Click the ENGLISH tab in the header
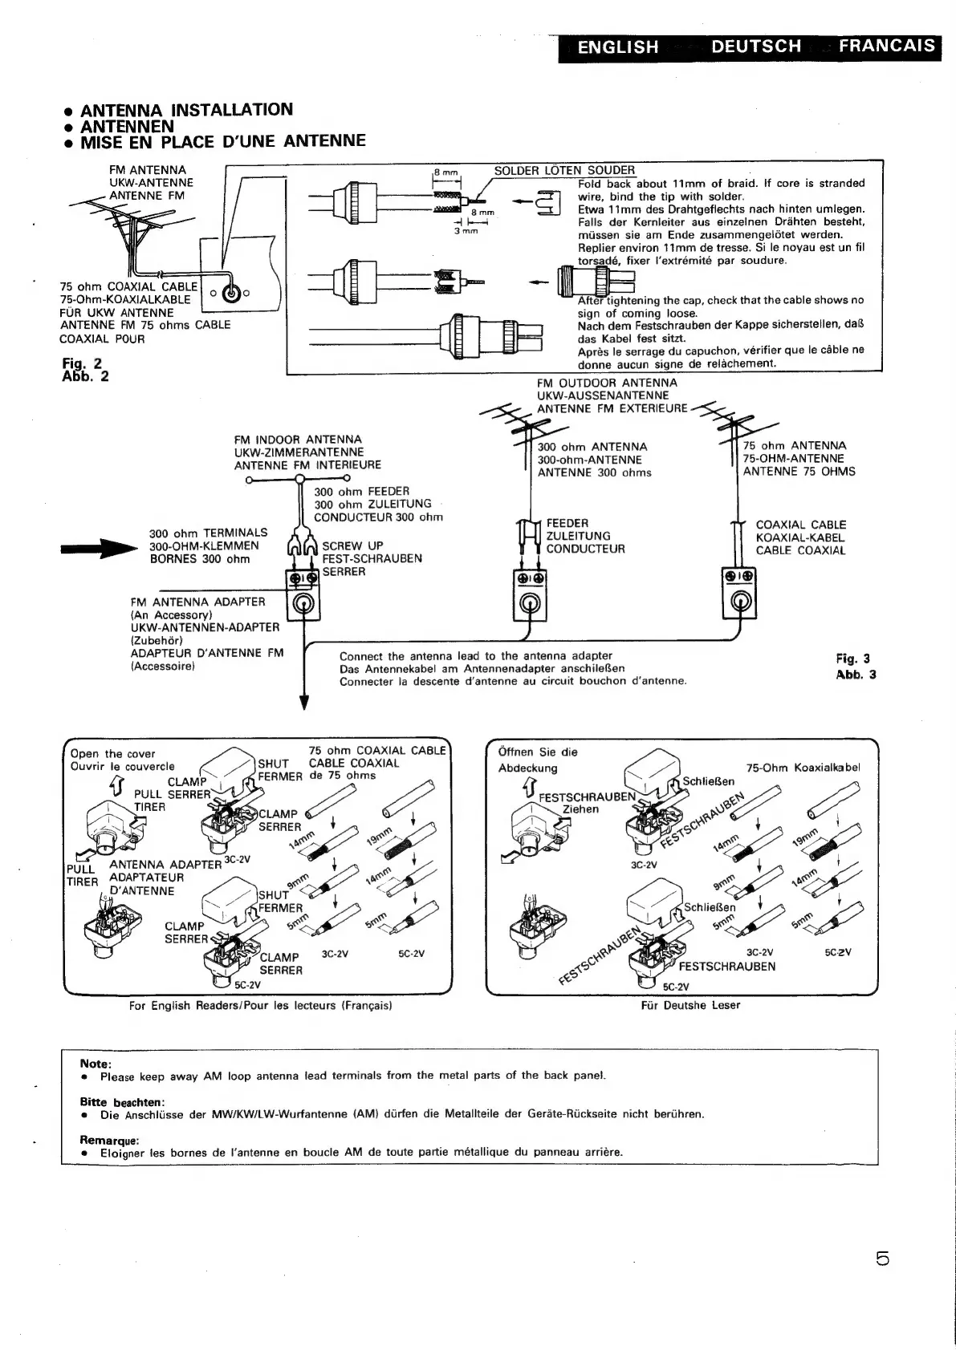pyautogui.click(x=617, y=47)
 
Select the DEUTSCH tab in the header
pyautogui.click(x=755, y=47)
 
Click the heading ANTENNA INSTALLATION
pyautogui.click(x=186, y=110)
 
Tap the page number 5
pyautogui.click(x=883, y=1259)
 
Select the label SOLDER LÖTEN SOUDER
pyautogui.click(x=564, y=170)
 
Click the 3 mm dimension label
pyautogui.click(x=466, y=231)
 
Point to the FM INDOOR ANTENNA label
pyautogui.click(x=298, y=440)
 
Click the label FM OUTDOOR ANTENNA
pyautogui.click(x=607, y=383)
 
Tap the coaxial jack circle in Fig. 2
pyautogui.click(x=231, y=293)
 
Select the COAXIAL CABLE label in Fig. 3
pyautogui.click(x=800, y=525)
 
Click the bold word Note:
pyautogui.click(x=96, y=1064)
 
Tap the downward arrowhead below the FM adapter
pyautogui.click(x=304, y=703)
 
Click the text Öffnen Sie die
pyautogui.click(x=537, y=752)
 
